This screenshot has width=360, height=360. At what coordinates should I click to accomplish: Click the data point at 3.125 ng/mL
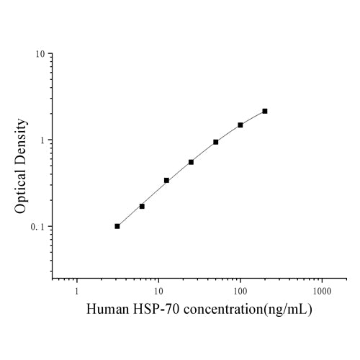pos(117,226)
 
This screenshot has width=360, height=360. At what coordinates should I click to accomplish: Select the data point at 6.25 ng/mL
pos(142,206)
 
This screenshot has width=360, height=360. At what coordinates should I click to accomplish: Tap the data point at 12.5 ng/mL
pos(166,180)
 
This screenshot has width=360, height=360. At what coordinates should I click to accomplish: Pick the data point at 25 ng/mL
pos(191,162)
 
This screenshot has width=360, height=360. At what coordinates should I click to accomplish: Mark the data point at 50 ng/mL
pos(216,142)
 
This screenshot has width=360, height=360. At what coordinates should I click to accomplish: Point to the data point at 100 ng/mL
pos(240,125)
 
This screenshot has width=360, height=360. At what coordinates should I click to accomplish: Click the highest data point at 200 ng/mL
pos(265,111)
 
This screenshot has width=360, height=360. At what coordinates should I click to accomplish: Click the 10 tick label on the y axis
pos(42,54)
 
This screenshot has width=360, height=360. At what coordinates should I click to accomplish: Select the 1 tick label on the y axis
pos(45,140)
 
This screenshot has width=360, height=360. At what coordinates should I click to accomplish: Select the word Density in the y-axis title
pos(22,139)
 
